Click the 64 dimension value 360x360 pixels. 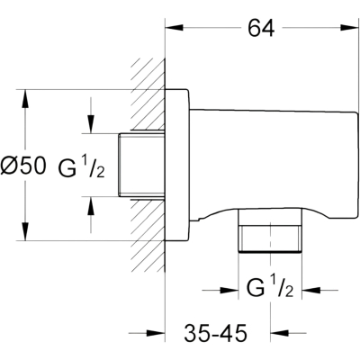261,29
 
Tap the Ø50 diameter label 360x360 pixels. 23,166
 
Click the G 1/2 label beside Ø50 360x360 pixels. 81,167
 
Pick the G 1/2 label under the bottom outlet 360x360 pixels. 269,287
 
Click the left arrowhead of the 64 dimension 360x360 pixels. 175,27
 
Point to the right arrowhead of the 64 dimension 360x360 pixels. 350,27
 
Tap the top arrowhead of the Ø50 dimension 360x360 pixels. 25,98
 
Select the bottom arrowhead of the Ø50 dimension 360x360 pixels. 25,231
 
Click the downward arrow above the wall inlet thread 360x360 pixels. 91,115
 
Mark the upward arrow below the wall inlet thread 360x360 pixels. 91,215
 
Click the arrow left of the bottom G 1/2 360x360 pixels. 220,291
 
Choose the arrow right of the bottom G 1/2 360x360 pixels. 319,291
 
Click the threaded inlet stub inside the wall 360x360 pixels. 141,165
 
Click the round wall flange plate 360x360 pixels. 177,165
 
